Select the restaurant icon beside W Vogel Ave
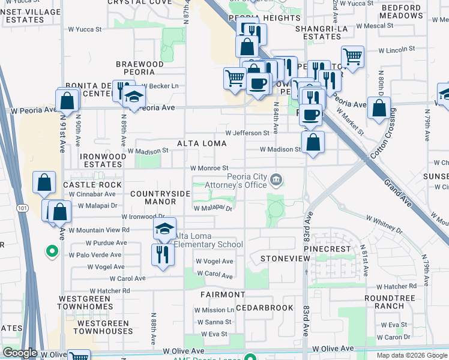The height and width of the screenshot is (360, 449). (163, 254)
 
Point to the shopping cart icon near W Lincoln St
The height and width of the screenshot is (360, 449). (352, 58)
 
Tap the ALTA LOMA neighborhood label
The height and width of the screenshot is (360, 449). (202, 143)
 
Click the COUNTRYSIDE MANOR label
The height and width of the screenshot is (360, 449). (160, 197)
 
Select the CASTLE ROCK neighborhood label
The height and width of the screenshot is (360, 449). (92, 185)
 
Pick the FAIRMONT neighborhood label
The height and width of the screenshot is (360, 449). (222, 295)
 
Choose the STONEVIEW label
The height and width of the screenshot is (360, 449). (285, 258)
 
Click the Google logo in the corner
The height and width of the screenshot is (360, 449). (20, 353)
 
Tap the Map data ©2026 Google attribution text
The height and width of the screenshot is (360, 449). (412, 355)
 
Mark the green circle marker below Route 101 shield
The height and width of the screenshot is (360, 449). (52, 251)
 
